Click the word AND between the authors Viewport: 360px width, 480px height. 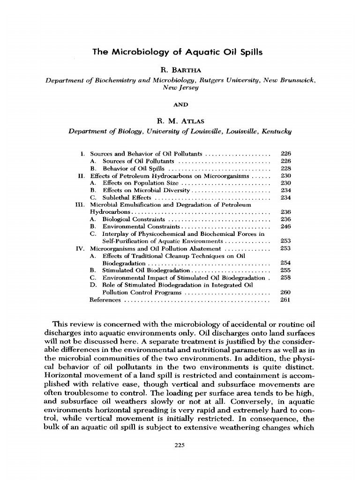point(180,105)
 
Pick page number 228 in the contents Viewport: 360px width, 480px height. point(285,168)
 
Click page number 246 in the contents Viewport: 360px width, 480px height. point(285,226)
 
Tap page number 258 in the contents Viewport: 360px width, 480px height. point(285,277)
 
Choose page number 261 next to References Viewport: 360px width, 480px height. point(285,300)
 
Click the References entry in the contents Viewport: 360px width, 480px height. point(105,300)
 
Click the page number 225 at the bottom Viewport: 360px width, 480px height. point(180,445)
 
